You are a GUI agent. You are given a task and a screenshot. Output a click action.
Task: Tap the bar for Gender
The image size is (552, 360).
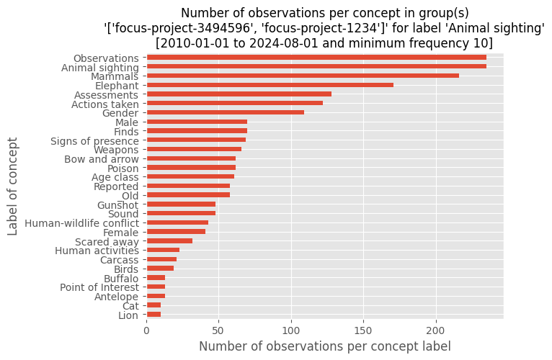pos(226,112)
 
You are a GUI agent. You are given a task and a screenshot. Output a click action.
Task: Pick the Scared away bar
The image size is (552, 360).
pos(169,241)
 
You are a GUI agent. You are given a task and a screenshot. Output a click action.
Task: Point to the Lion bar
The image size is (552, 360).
pos(153,314)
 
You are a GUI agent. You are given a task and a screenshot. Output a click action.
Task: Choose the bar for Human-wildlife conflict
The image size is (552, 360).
pos(177,222)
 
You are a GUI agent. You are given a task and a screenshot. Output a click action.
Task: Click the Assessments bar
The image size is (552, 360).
pos(239,94)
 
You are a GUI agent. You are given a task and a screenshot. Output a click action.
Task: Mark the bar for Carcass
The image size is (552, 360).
pos(161,259)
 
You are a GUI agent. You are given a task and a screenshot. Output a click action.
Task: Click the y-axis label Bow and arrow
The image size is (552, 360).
pos(102,159)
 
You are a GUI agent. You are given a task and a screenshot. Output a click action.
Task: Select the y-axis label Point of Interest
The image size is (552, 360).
pos(99,287)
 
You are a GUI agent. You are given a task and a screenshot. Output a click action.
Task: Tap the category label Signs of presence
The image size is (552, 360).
pos(94,141)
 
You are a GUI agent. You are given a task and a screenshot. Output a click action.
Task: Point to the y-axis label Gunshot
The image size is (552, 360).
pos(118,204)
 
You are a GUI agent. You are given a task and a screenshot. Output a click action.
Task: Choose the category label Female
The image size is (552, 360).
pos(121,233)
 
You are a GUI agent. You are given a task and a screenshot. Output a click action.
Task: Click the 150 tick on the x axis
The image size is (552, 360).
pos(364,330)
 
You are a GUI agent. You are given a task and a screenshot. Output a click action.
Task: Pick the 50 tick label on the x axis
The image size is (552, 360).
pos(218,330)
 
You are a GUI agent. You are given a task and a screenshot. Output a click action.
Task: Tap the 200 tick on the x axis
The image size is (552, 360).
pos(436,330)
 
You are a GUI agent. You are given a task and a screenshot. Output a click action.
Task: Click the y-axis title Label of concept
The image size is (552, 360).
pos(13,186)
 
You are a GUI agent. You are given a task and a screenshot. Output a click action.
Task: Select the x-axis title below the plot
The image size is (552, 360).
pos(325,346)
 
